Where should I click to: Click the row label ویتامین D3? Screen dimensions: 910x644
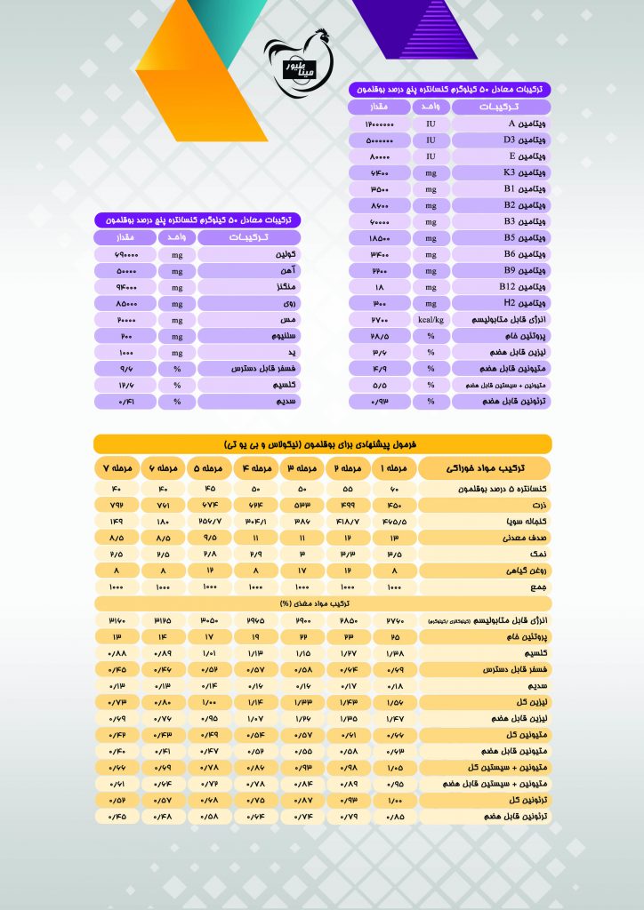501,140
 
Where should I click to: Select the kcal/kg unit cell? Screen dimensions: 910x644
430,318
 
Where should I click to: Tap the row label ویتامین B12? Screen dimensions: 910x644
501,286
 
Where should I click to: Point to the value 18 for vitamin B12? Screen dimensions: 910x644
379,286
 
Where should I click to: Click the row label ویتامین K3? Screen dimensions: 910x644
501,172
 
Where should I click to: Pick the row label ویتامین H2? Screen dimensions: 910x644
501,302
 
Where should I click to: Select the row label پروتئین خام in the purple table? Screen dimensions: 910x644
501,334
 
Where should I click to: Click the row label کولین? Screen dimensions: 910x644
248,254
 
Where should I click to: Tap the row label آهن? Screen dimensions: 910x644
248,270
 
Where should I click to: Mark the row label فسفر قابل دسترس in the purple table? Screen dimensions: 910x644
248,368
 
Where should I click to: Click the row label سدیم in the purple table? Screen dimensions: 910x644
248,401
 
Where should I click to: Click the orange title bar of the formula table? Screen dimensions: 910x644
322,443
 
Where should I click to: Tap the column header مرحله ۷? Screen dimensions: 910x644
118,468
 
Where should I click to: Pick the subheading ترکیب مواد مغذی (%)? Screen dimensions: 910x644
322,603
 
